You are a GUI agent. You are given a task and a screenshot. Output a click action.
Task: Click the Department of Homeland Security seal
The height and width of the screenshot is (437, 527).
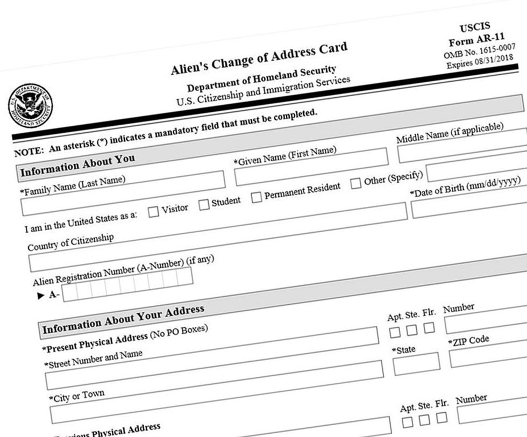coord(30,105)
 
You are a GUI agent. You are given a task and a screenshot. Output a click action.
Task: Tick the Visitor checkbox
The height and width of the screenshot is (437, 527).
coord(153,211)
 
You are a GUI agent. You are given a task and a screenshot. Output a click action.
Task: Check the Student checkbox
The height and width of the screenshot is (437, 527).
coord(204,204)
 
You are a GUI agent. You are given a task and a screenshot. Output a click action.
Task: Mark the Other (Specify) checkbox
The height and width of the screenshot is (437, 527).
coord(355,183)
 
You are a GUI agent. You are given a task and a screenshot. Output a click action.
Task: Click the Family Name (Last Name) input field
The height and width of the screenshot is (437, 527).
coord(123,194)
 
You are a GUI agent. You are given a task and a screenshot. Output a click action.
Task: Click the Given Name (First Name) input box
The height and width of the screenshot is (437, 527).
coord(311,166)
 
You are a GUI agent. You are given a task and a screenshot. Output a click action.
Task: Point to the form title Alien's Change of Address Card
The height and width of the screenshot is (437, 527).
coord(259,59)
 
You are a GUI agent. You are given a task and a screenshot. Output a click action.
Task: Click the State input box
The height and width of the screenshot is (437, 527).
coord(416,364)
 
